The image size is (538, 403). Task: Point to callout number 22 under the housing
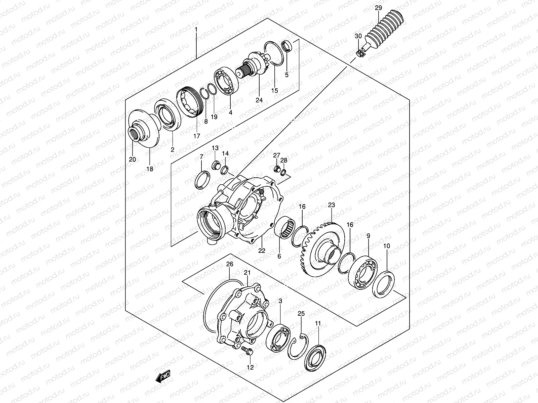coord(262,251)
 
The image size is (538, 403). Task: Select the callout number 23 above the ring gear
coord(332,205)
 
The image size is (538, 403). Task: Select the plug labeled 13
coord(216,165)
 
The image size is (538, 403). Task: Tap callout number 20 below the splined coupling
coord(132,159)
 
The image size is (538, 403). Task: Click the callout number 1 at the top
coord(196,30)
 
